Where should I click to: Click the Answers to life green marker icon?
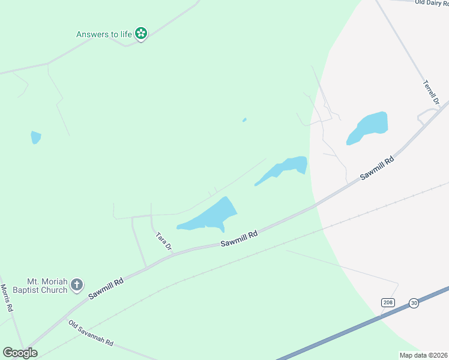[x=141, y=34]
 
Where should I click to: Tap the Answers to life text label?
[x=104, y=34]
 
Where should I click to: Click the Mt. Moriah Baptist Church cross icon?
[x=77, y=285]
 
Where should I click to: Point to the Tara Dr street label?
[x=164, y=241]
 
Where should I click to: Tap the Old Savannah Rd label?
[x=91, y=333]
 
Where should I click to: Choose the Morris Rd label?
[x=7, y=298]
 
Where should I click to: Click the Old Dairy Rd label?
[x=432, y=2]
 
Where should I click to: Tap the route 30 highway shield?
[x=414, y=303]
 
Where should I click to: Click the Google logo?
[x=20, y=353]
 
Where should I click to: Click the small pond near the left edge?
[x=36, y=137]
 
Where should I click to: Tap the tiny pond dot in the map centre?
[x=244, y=120]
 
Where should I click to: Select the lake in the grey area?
[x=367, y=128]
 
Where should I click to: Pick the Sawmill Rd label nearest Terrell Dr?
[x=377, y=169]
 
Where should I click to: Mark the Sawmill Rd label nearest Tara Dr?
[x=238, y=239]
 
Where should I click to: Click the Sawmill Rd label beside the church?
[x=106, y=289]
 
